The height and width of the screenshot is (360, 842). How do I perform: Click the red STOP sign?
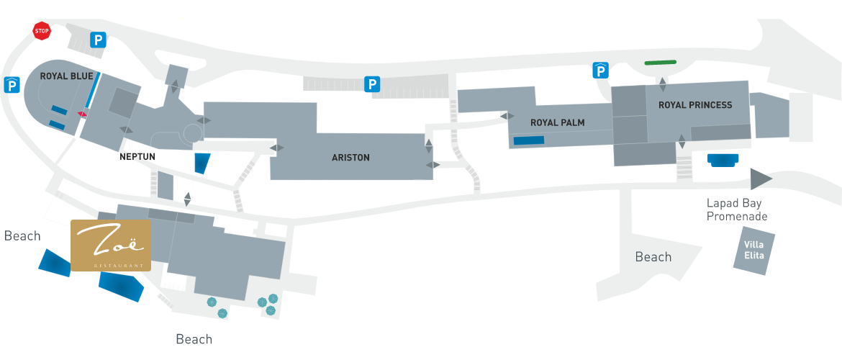(x=42, y=31)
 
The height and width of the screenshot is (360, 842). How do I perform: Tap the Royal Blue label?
(x=67, y=76)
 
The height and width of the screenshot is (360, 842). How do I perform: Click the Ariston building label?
(x=350, y=158)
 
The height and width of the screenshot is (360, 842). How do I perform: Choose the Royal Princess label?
(x=695, y=105)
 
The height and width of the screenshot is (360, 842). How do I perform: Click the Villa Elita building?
(x=754, y=251)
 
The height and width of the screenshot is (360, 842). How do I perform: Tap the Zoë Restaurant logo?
(x=111, y=246)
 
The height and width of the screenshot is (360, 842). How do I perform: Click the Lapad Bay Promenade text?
(x=737, y=210)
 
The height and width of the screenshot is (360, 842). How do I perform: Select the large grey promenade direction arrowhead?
(x=759, y=179)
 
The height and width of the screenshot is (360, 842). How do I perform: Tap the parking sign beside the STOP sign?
(x=98, y=40)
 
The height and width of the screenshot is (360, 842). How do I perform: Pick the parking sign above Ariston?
(x=371, y=84)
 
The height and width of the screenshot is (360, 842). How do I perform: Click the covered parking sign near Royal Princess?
(x=600, y=71)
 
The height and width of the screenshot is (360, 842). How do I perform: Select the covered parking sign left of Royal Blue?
(x=12, y=85)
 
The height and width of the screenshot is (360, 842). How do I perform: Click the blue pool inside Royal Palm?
(x=529, y=140)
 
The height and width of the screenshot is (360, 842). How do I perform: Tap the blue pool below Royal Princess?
(x=723, y=160)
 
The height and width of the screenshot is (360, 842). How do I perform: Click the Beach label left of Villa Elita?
(x=653, y=257)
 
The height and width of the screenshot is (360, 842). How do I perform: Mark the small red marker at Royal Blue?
(x=82, y=113)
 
